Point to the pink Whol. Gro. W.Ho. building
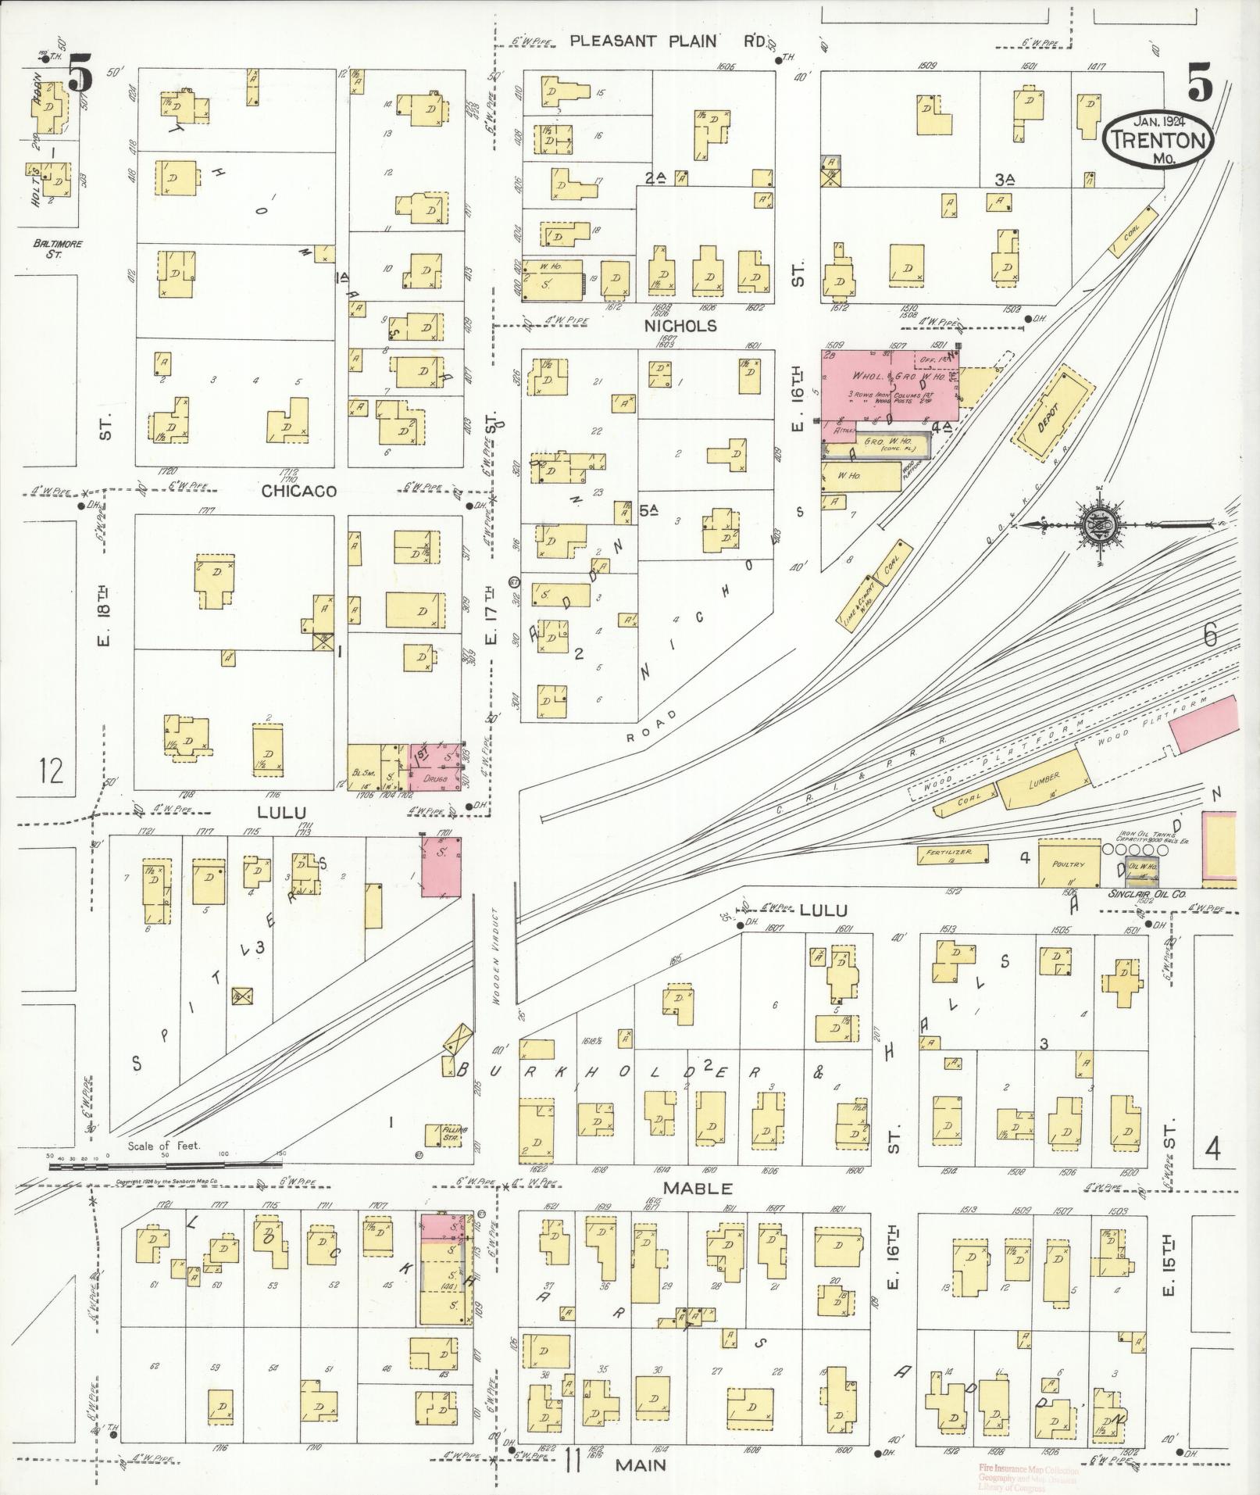click(x=888, y=384)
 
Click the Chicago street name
click(x=298, y=492)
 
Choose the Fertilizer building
click(x=952, y=854)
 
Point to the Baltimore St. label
click(x=57, y=248)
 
